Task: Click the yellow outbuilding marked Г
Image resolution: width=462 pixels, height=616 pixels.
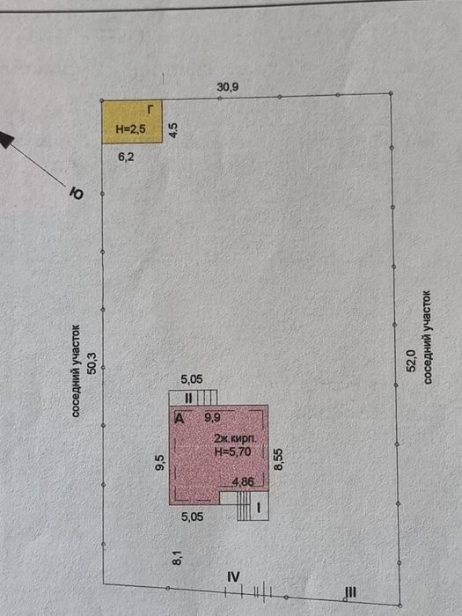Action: (132, 121)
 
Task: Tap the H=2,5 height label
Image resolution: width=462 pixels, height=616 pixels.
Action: (131, 129)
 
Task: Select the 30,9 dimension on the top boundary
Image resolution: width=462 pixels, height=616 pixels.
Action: (228, 87)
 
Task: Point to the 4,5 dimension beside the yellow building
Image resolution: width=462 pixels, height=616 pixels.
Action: (173, 130)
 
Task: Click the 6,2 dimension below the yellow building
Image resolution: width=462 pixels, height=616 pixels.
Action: (126, 158)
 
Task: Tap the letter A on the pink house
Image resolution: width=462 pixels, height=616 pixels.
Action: (180, 419)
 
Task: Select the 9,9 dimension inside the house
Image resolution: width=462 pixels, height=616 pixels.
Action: (213, 418)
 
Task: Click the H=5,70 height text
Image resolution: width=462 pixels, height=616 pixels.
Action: (232, 451)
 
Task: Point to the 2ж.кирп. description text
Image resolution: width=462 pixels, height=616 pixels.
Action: (235, 439)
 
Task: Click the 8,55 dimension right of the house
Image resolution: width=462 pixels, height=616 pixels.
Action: (279, 459)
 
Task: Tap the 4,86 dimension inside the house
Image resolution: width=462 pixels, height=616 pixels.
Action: (243, 481)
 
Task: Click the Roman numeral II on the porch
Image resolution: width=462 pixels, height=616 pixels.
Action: (188, 399)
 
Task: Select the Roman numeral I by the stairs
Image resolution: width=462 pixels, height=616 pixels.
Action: (259, 509)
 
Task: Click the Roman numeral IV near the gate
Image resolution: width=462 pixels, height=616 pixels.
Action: (233, 577)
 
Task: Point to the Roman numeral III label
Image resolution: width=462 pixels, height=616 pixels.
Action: (350, 591)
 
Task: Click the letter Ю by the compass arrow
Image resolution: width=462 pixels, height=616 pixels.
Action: (77, 194)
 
